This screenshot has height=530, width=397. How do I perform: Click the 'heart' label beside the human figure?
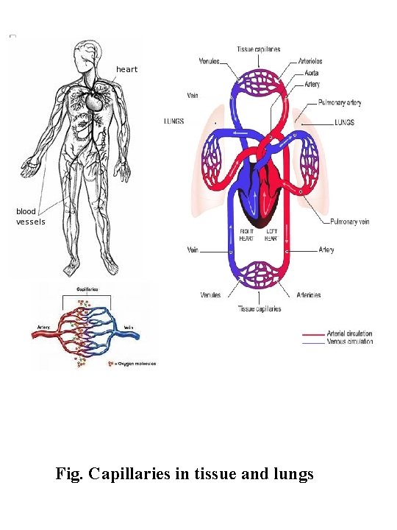(x=126, y=69)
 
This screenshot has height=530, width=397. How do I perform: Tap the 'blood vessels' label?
(x=31, y=216)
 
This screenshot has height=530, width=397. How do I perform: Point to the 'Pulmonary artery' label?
(x=340, y=103)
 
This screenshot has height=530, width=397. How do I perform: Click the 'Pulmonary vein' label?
(x=349, y=222)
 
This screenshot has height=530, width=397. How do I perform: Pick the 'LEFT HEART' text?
(x=271, y=236)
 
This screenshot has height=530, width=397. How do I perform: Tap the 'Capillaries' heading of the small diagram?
(x=89, y=290)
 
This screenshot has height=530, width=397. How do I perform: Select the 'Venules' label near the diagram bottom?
(x=210, y=295)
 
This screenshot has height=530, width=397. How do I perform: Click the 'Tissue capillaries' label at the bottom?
(x=259, y=309)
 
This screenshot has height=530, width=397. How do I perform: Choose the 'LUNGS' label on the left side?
(x=174, y=121)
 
